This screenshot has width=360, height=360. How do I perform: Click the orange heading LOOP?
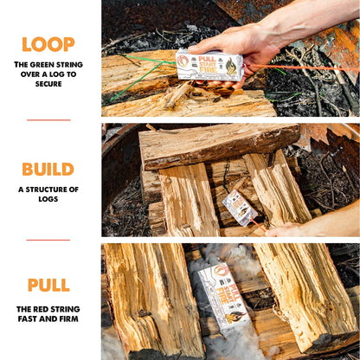[48, 44]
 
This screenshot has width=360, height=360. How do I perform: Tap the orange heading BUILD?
[48, 169]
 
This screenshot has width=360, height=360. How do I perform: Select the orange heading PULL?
[48, 285]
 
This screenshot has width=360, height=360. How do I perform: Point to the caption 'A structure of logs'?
[48, 194]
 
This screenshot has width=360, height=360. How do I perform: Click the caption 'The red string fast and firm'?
[48, 314]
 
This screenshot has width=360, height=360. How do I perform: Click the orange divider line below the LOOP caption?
[48, 119]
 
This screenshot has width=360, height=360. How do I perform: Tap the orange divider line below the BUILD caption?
[48, 240]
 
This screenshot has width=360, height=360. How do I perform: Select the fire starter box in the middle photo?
[241, 208]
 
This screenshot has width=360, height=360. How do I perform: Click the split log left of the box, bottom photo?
[151, 299]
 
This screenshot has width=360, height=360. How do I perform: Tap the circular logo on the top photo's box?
[183, 61]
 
